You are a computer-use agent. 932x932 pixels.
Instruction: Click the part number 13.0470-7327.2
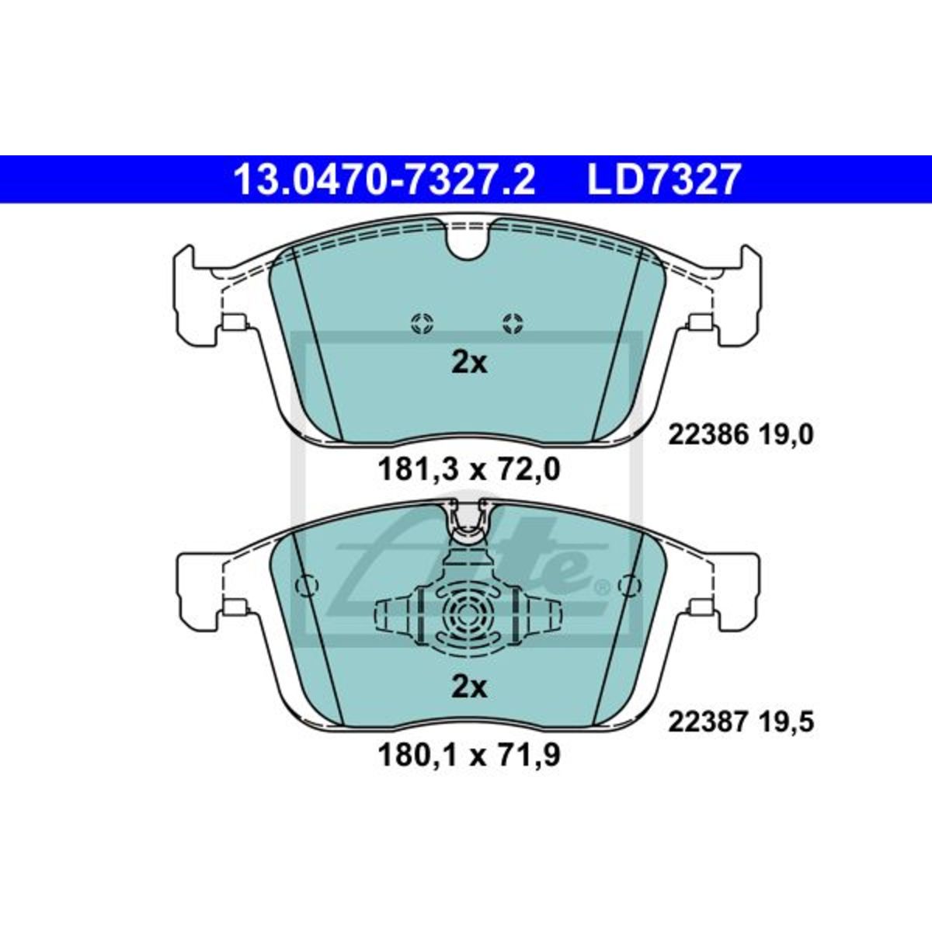(384, 179)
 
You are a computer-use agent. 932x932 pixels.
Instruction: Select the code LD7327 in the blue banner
(663, 179)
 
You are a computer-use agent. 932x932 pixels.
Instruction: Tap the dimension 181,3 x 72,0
(469, 470)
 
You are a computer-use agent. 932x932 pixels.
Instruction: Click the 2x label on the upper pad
(469, 363)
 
